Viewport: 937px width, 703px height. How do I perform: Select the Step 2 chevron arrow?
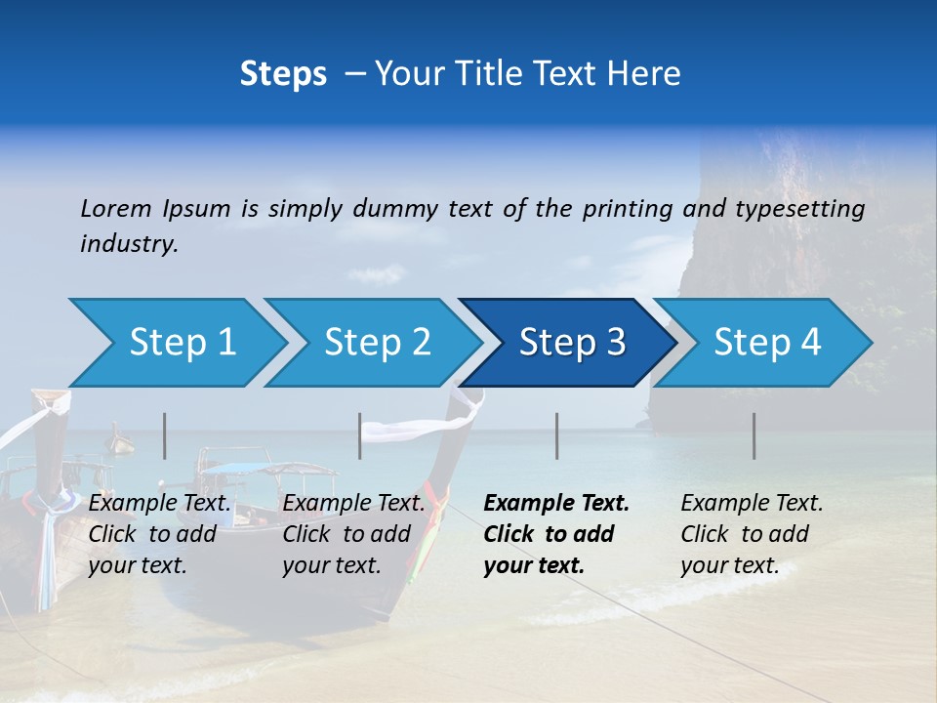point(377,343)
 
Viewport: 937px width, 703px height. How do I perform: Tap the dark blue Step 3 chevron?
point(571,343)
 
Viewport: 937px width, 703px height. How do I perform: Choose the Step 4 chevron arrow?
point(767,343)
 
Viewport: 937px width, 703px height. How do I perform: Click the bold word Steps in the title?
point(283,74)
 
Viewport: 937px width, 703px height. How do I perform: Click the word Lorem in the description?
point(115,208)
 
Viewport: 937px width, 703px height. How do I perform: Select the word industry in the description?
point(129,244)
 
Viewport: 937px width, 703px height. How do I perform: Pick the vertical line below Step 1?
point(165,435)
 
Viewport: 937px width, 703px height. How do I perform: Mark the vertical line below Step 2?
point(360,435)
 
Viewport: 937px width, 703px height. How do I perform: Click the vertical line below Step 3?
point(557,435)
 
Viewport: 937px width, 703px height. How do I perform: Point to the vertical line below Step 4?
point(754,435)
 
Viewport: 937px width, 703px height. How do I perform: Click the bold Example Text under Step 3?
point(556,504)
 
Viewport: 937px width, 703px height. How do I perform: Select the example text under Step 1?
point(159,534)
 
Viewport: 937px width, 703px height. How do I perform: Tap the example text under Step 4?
point(752,534)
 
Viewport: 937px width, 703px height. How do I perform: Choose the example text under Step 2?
point(353,534)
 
